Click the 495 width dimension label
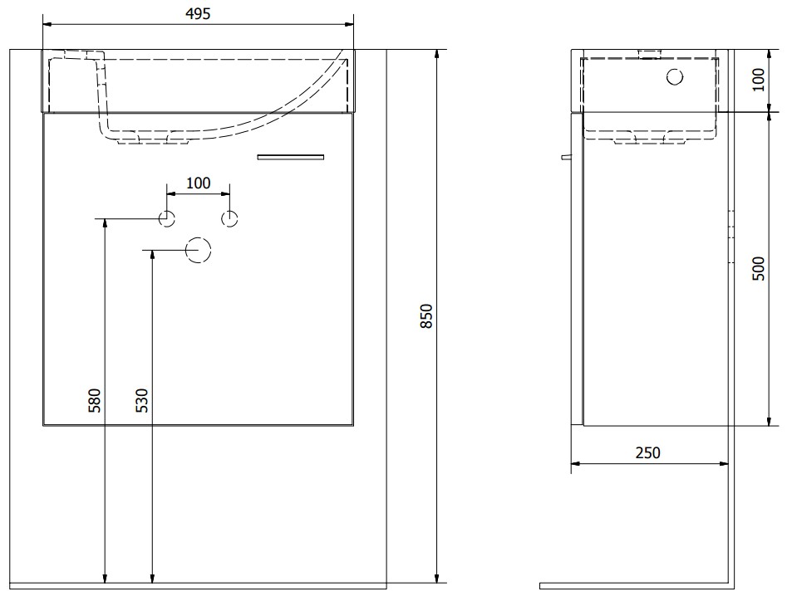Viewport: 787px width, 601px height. tap(198, 14)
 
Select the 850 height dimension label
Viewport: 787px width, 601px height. tap(426, 315)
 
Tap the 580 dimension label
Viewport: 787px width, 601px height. tap(95, 400)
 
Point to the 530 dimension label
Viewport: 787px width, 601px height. tap(142, 400)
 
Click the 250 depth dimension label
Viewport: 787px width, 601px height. tap(648, 452)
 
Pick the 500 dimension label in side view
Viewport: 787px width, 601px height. tap(759, 268)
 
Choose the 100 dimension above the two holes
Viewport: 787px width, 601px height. tap(199, 183)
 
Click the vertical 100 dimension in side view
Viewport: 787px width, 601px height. tap(759, 79)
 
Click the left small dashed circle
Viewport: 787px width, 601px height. tap(167, 218)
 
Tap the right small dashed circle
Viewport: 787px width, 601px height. tap(229, 218)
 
